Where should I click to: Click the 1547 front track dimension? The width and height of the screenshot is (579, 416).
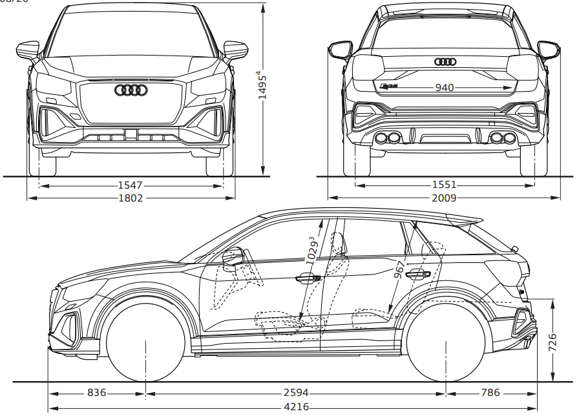coord(130,185)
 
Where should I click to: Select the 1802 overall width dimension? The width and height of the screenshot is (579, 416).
coord(130,198)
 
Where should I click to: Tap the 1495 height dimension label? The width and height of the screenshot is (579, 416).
coord(262,85)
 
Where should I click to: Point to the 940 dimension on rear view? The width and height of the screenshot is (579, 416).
coord(444,87)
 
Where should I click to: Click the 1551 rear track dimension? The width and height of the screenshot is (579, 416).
coord(444,185)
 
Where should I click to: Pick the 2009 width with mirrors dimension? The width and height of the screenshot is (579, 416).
coord(444,198)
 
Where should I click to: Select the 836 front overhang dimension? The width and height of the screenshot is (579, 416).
coord(96,393)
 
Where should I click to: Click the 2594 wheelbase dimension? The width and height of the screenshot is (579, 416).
coord(295,393)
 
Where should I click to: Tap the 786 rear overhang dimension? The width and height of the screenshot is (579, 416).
coord(490,393)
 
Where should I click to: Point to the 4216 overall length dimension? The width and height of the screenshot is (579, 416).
coord(295,407)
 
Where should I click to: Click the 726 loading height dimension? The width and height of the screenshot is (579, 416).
coord(553,343)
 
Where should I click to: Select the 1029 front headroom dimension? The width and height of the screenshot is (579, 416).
coord(311,249)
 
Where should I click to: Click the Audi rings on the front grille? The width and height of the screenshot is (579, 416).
coord(131,90)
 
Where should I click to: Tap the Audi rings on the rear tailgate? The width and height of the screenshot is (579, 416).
coord(445,62)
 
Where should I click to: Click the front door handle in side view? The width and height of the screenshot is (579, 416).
coord(307,278)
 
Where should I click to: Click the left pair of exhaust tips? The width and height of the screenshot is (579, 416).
coord(386,138)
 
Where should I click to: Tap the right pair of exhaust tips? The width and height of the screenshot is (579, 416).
coord(502,138)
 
